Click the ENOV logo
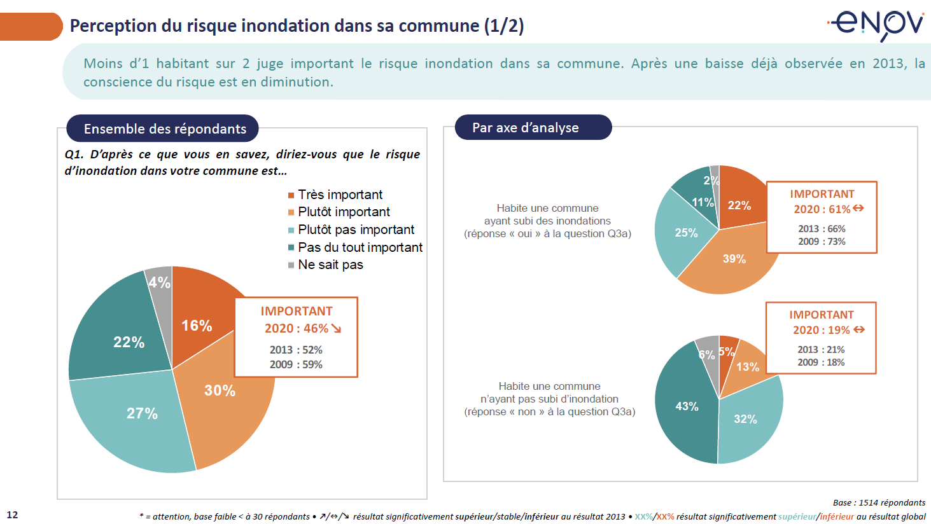pos(876,24)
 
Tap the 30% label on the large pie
pos(220,390)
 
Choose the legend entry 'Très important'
pos(340,195)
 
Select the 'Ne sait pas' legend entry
pos(330,265)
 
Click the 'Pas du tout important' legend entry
pos(360,247)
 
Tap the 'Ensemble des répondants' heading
pos(165,128)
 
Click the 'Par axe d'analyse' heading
pos(526,128)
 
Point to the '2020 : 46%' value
pos(296,328)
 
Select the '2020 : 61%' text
pos(822,209)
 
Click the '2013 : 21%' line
pos(821,350)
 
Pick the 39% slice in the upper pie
pos(734,259)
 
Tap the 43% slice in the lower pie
pos(686,407)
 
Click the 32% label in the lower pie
pos(745,420)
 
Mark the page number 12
pos(12,515)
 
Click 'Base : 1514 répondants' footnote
pos(879,502)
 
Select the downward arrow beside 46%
pos(336,328)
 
